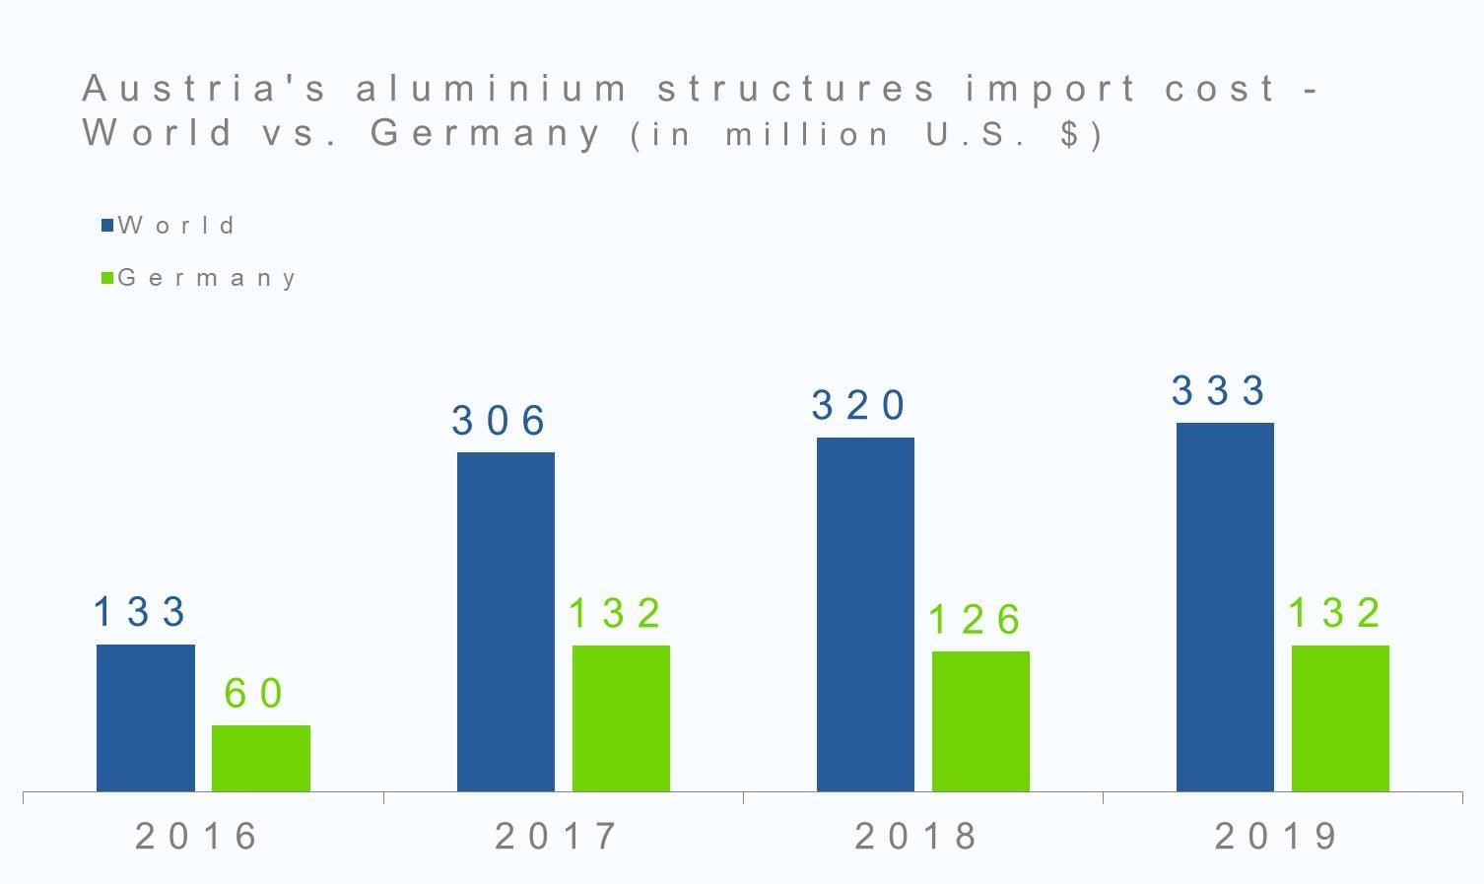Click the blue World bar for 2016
pyautogui.click(x=146, y=717)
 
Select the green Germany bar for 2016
pyautogui.click(x=261, y=758)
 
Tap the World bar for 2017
pyautogui.click(x=506, y=621)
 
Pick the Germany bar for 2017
pyautogui.click(x=621, y=717)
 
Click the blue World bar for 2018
pyautogui.click(x=865, y=614)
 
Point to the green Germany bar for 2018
pyautogui.click(x=980, y=720)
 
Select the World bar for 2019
pyautogui.click(x=1225, y=606)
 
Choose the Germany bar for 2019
pyautogui.click(x=1340, y=717)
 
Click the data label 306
pyautogui.click(x=499, y=421)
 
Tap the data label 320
pyautogui.click(x=858, y=405)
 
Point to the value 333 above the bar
pyautogui.click(x=1218, y=390)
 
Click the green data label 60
pyautogui.click(x=254, y=693)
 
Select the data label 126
pyautogui.click(x=974, y=620)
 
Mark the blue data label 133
pyautogui.click(x=139, y=612)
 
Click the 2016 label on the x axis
pyautogui.click(x=197, y=837)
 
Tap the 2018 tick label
pyautogui.click(x=916, y=837)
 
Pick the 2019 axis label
pyautogui.click(x=1276, y=837)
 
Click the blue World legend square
pyautogui.click(x=107, y=226)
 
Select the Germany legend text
pyautogui.click(x=207, y=278)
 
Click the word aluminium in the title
pyautogui.click(x=492, y=89)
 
